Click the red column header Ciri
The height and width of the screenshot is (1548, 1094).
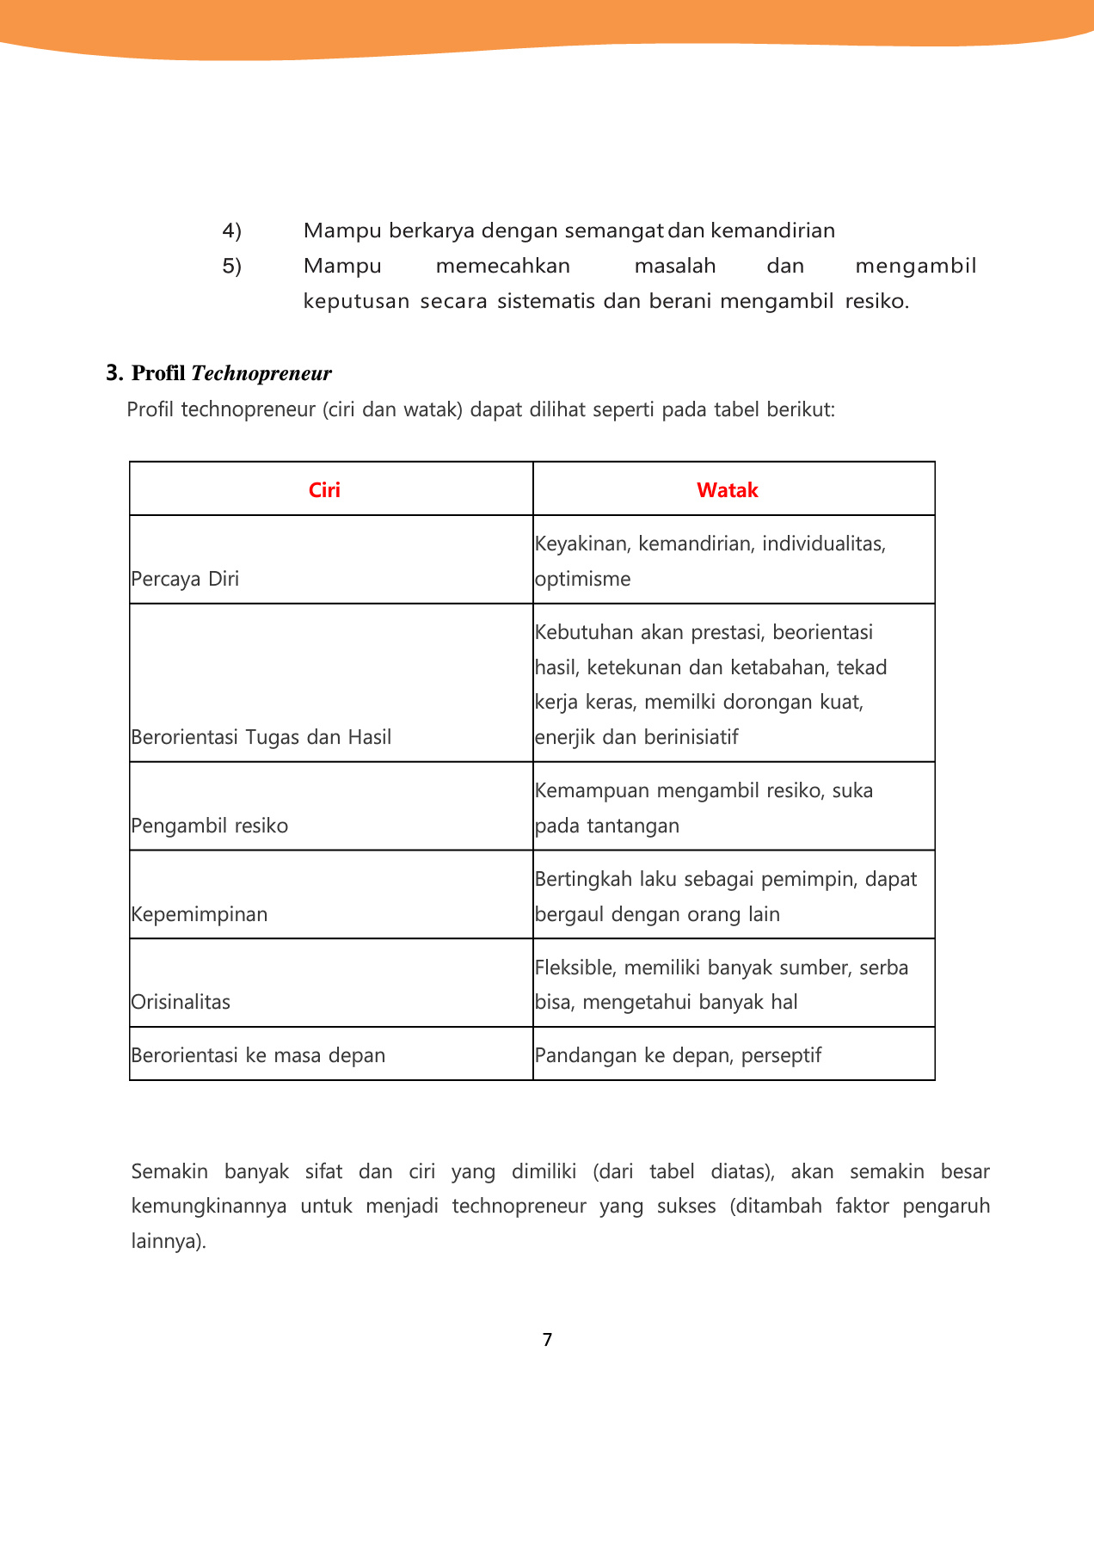pos(324,490)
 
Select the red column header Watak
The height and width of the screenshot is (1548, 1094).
pos(727,490)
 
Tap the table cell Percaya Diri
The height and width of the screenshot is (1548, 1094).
pos(185,579)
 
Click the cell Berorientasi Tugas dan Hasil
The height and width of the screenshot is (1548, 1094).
pos(261,737)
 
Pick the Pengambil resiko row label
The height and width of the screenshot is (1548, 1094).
pos(210,826)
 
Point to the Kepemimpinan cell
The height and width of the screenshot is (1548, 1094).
pos(200,914)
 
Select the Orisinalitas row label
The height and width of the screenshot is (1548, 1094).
pos(181,1002)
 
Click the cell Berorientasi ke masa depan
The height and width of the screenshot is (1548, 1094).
pos(258,1055)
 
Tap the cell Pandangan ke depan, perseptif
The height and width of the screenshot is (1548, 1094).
pos(678,1055)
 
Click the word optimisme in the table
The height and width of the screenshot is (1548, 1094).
pos(583,579)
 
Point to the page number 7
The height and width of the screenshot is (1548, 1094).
pos(547,1340)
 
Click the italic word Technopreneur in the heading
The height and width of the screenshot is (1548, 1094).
pos(261,373)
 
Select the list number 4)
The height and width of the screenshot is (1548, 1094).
pos(231,230)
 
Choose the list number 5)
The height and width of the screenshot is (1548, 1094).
pos(231,267)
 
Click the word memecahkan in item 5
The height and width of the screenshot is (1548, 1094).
pos(503,266)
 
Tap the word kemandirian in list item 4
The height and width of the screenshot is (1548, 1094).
pos(773,230)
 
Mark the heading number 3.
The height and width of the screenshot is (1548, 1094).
pos(114,373)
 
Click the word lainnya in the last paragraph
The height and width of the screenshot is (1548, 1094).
pos(167,1242)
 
